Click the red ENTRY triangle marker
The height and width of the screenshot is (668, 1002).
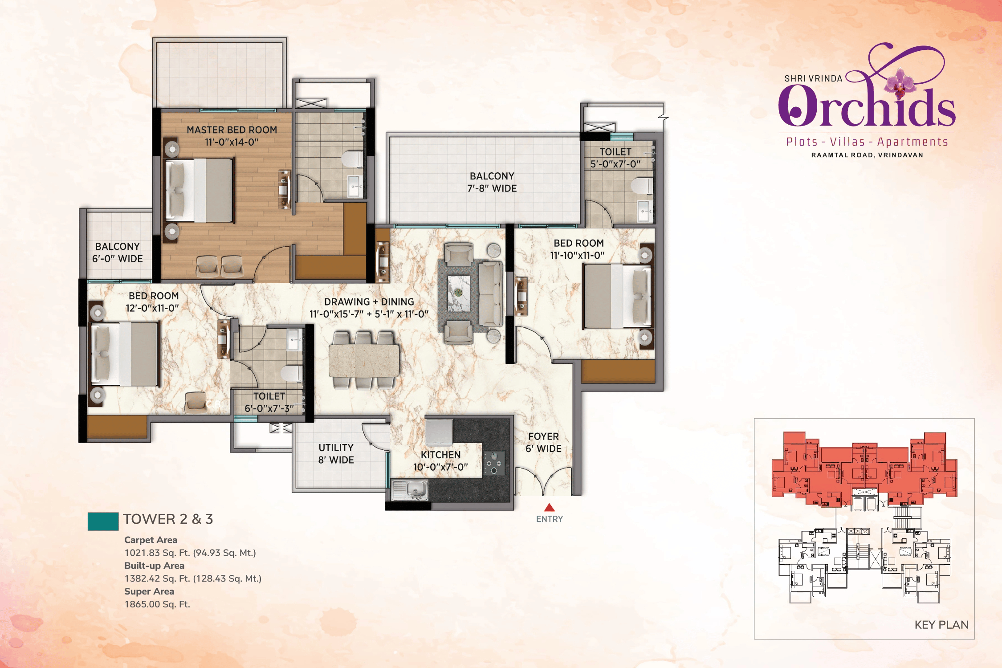(x=549, y=507)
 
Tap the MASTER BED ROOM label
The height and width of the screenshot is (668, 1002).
(x=232, y=136)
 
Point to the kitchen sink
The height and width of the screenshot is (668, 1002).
(x=410, y=490)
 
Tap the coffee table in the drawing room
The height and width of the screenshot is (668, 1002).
(x=459, y=293)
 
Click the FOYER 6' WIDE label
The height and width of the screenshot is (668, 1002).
(x=543, y=442)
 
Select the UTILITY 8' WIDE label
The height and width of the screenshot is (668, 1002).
(x=336, y=454)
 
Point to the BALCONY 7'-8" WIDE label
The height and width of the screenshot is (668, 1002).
(x=492, y=182)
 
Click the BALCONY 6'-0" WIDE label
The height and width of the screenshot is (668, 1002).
(x=118, y=253)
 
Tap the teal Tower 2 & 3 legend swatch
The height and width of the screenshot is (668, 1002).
(x=103, y=521)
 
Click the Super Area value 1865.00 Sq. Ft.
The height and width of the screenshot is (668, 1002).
(x=157, y=604)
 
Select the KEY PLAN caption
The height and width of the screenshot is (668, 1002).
(x=941, y=625)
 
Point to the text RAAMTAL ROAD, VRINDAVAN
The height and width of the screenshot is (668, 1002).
(x=867, y=155)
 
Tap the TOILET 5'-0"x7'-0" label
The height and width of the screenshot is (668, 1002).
(x=615, y=158)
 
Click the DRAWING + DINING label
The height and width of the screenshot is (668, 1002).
(x=369, y=308)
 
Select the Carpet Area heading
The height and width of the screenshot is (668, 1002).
(x=151, y=540)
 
